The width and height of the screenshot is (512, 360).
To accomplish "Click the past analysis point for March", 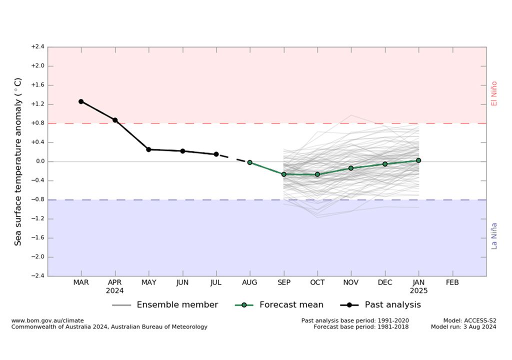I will (81, 101).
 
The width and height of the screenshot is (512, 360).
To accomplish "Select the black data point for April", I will (115, 120).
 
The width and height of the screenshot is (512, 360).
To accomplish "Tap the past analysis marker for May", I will (148, 149).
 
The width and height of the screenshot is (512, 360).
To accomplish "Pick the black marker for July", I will (216, 154).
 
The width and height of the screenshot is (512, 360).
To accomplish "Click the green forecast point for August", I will (250, 162).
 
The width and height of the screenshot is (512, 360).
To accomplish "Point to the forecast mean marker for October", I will (317, 174).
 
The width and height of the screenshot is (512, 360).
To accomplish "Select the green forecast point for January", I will (418, 160).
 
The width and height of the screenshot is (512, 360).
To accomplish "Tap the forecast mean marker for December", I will (385, 164).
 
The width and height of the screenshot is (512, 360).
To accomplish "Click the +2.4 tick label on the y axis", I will (37, 47).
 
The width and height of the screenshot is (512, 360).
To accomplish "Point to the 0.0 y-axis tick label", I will (38, 161).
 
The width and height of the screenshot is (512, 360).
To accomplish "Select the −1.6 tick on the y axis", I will (37, 237).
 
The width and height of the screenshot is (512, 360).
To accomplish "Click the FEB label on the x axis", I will (452, 282).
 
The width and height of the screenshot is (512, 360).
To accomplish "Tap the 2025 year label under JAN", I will (418, 290).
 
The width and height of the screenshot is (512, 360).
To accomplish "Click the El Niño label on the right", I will (494, 93).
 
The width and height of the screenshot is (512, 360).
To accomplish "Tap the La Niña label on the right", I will (494, 236).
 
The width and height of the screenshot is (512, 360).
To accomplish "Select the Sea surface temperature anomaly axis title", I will (18, 161).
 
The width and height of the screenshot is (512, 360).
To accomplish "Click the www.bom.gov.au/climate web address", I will (47, 320).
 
